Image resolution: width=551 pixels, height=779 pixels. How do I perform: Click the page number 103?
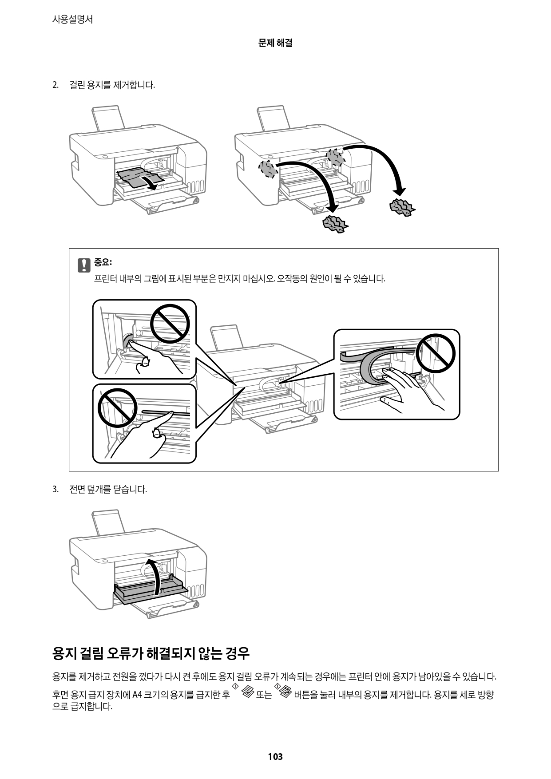275,756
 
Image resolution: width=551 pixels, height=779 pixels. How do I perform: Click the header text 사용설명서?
72,20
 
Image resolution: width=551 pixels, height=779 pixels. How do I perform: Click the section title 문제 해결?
275,43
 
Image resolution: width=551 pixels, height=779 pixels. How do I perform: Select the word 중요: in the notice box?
103,262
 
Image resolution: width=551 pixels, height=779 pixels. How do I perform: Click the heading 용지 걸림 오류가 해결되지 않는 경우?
151,653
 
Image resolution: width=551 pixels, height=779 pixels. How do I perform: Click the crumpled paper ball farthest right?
402,207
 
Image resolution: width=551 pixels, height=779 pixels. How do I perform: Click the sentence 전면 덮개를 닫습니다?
108,489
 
